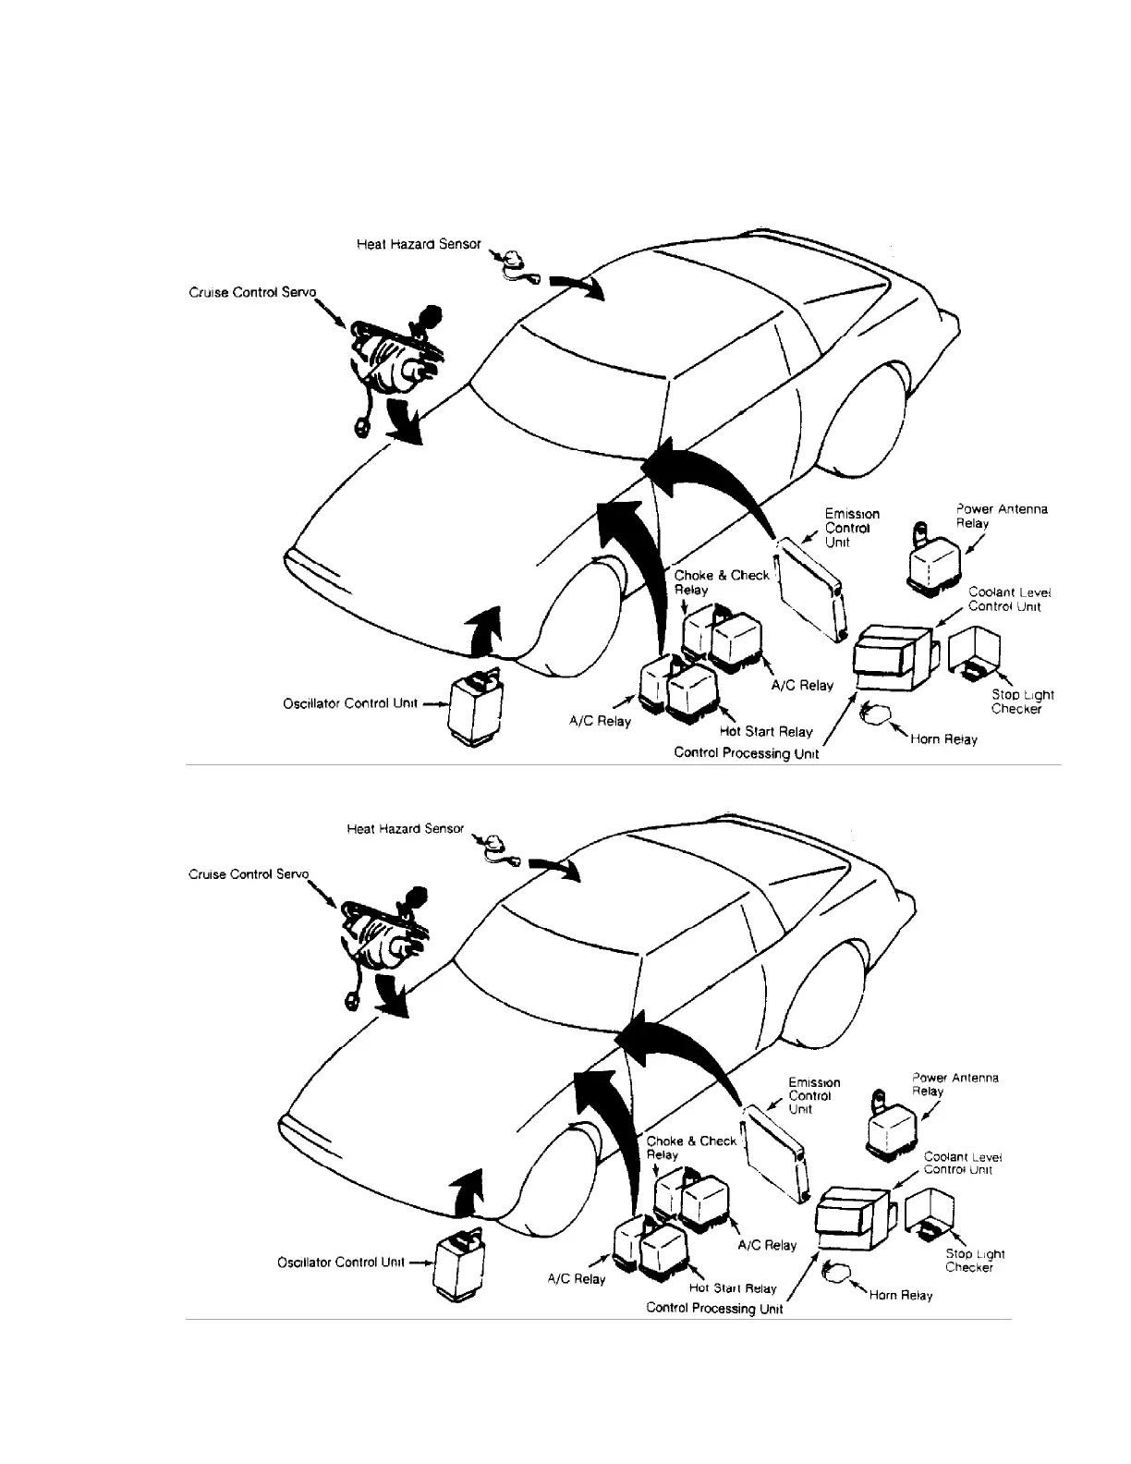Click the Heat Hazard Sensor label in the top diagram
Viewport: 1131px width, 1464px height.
(419, 245)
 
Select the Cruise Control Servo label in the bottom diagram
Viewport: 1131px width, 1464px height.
(248, 873)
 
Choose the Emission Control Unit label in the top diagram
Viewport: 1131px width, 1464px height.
(851, 528)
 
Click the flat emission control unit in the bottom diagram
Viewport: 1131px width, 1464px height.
(776, 1151)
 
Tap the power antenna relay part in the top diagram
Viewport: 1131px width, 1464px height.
(932, 559)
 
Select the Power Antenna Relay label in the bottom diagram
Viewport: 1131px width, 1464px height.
(954, 1084)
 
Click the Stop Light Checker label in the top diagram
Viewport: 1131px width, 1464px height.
(1021, 701)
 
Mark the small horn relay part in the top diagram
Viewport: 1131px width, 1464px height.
(873, 714)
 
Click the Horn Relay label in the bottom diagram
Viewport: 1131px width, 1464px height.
(900, 1295)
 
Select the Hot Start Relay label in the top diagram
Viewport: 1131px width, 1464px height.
(765, 731)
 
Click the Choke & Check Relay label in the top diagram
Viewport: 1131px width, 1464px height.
(719, 582)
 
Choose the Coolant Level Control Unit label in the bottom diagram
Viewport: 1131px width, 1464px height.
(961, 1163)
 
